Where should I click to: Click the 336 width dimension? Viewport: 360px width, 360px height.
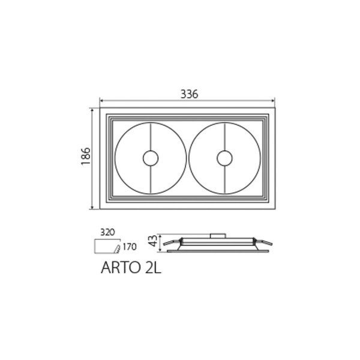pos(189,94)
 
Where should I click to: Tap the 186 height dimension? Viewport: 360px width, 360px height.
pos(86,156)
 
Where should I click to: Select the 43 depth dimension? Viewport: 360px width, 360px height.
pos(154,241)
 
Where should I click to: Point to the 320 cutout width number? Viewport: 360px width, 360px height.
pos(107,232)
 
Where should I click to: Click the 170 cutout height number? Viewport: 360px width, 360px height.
pos(130,247)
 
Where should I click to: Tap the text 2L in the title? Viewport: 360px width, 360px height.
pos(153,268)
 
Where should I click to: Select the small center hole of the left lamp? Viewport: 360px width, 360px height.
pos(151,158)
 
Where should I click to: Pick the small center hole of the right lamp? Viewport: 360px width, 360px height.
pos(224,158)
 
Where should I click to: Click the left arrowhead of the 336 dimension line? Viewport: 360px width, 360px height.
pos(101,100)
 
